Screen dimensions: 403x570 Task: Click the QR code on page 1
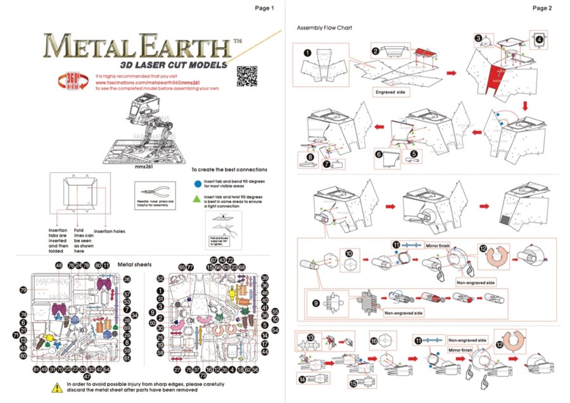click(x=246, y=76)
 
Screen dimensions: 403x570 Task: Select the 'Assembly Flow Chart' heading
click(x=324, y=28)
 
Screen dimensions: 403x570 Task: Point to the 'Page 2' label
click(x=542, y=8)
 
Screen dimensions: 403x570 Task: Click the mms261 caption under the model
click(x=145, y=169)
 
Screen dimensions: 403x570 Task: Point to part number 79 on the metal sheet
click(x=23, y=290)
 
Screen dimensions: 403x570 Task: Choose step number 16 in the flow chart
click(x=374, y=341)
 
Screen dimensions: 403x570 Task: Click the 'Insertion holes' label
click(x=110, y=231)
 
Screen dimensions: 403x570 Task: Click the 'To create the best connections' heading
click(x=229, y=170)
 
